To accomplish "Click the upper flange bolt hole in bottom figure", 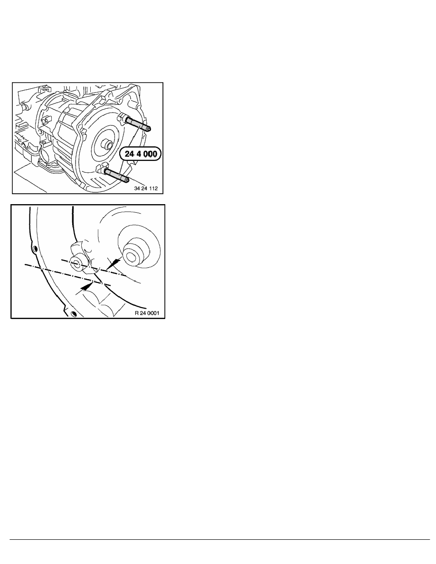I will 34,249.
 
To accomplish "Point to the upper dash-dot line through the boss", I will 95,268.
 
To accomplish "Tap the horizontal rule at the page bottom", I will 218,539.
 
